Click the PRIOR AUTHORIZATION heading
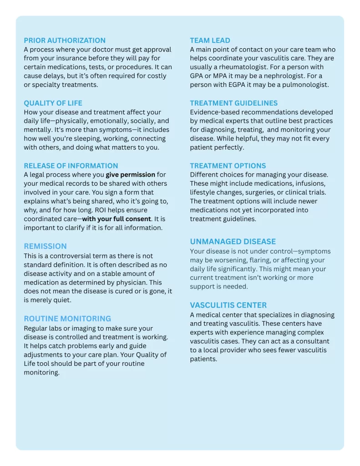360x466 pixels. click(65, 41)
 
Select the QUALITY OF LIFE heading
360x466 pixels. click(53, 103)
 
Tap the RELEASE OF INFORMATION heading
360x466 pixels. click(71, 166)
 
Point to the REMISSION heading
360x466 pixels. click(46, 246)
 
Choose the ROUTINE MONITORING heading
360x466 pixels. click(67, 319)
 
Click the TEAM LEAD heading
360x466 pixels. click(210, 41)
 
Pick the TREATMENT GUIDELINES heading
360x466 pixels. click(234, 103)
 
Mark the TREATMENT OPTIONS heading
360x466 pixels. click(228, 166)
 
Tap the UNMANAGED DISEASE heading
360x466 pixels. click(233, 242)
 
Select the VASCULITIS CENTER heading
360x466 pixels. click(228, 305)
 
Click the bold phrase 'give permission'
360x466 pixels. click(131, 175)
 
